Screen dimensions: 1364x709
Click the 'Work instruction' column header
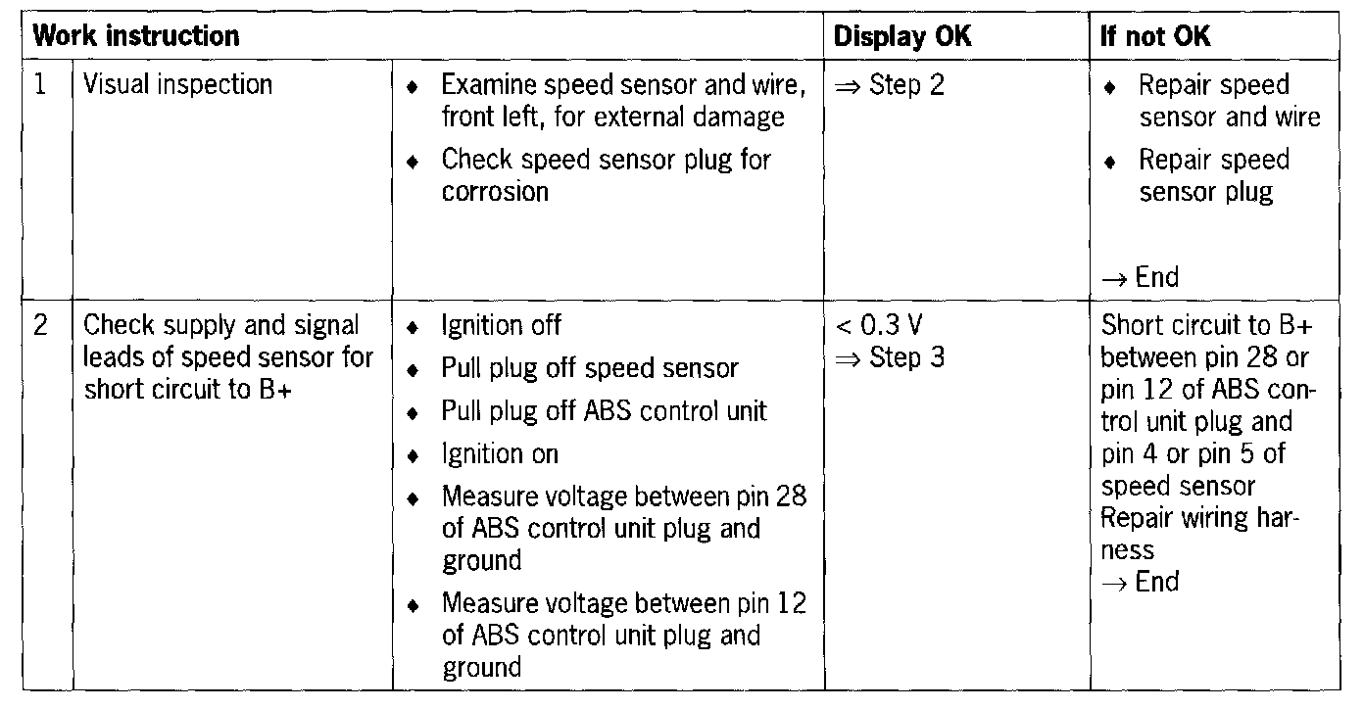click(136, 37)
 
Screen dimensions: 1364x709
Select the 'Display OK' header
click(901, 37)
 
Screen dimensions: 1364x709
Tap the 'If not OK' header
click(1155, 37)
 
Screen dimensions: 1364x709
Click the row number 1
click(40, 85)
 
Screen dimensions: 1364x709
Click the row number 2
click(40, 325)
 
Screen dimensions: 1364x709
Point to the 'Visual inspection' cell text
click(177, 85)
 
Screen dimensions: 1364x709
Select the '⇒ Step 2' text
click(890, 85)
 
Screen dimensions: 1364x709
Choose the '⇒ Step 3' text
click(890, 357)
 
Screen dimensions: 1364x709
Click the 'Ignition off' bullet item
click(501, 325)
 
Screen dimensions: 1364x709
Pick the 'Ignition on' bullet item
click(499, 453)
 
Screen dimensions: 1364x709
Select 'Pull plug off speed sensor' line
click(589, 368)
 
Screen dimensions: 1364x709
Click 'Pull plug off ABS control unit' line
click(604, 411)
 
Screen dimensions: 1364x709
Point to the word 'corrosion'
click(495, 192)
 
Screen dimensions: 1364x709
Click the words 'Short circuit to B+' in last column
click(1206, 325)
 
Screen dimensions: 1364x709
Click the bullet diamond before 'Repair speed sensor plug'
click(1110, 162)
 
